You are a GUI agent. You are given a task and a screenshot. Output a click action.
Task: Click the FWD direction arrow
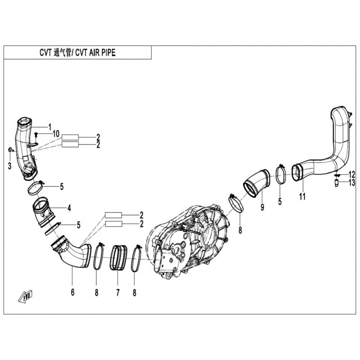click(x=25, y=297)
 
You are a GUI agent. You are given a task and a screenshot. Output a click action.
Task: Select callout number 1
click(x=50, y=127)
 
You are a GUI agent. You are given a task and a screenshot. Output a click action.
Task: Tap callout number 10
click(x=56, y=134)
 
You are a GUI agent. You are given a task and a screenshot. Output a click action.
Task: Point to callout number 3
click(x=9, y=166)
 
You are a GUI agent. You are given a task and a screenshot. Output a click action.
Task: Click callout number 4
click(x=69, y=208)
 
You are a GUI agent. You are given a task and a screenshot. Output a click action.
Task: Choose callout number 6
click(x=73, y=292)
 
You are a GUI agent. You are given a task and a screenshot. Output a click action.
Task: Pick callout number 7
click(x=118, y=292)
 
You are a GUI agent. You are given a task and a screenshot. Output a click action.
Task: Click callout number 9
click(x=262, y=207)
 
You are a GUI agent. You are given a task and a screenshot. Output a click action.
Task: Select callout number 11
click(x=302, y=196)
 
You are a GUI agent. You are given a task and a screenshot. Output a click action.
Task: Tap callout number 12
click(x=352, y=175)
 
